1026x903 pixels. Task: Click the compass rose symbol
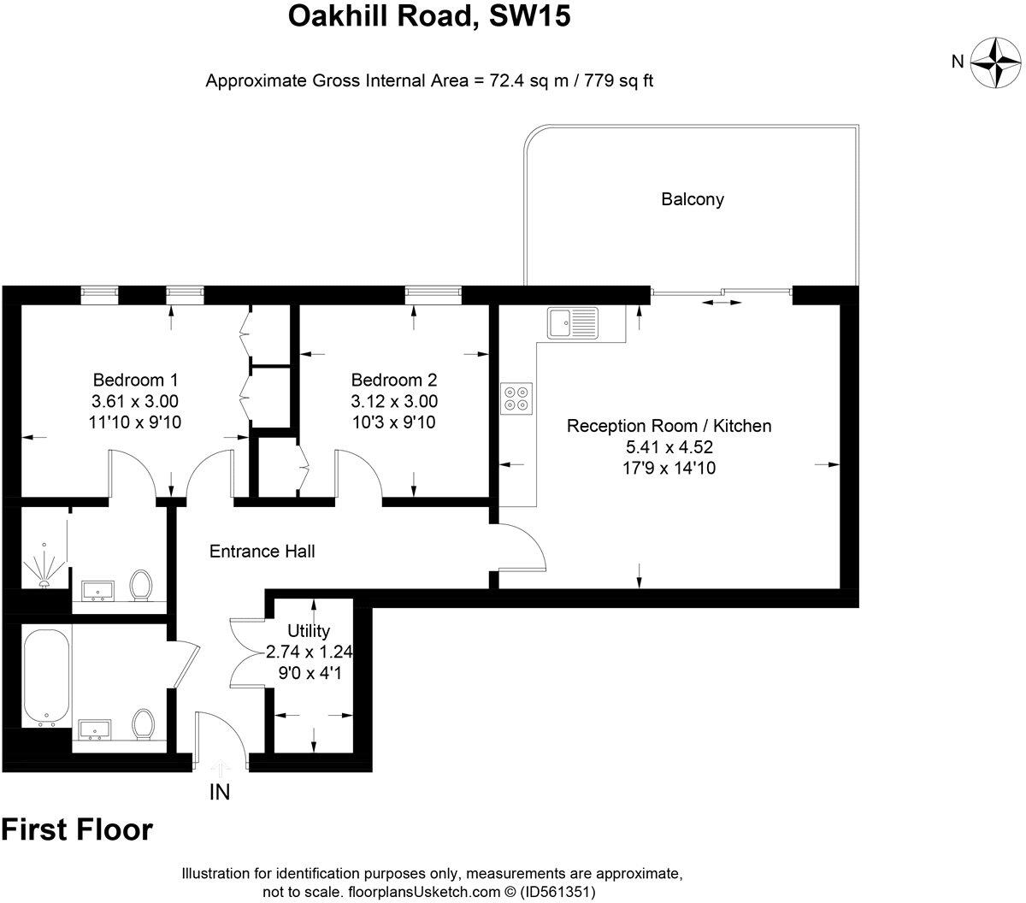992,62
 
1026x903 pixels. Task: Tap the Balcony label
692,199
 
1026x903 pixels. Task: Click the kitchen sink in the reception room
574,324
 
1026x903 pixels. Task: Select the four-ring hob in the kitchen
516,398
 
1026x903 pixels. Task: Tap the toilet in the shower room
140,586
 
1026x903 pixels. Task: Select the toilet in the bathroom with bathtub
143,723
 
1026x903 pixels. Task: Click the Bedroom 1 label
135,380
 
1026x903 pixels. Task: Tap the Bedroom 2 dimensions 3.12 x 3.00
394,401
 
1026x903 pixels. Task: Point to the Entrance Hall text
262,552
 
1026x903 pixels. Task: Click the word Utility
309,631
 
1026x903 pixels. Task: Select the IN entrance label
220,793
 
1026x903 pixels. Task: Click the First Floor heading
77,829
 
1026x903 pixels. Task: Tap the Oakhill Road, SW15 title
428,16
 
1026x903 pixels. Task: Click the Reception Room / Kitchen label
669,426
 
